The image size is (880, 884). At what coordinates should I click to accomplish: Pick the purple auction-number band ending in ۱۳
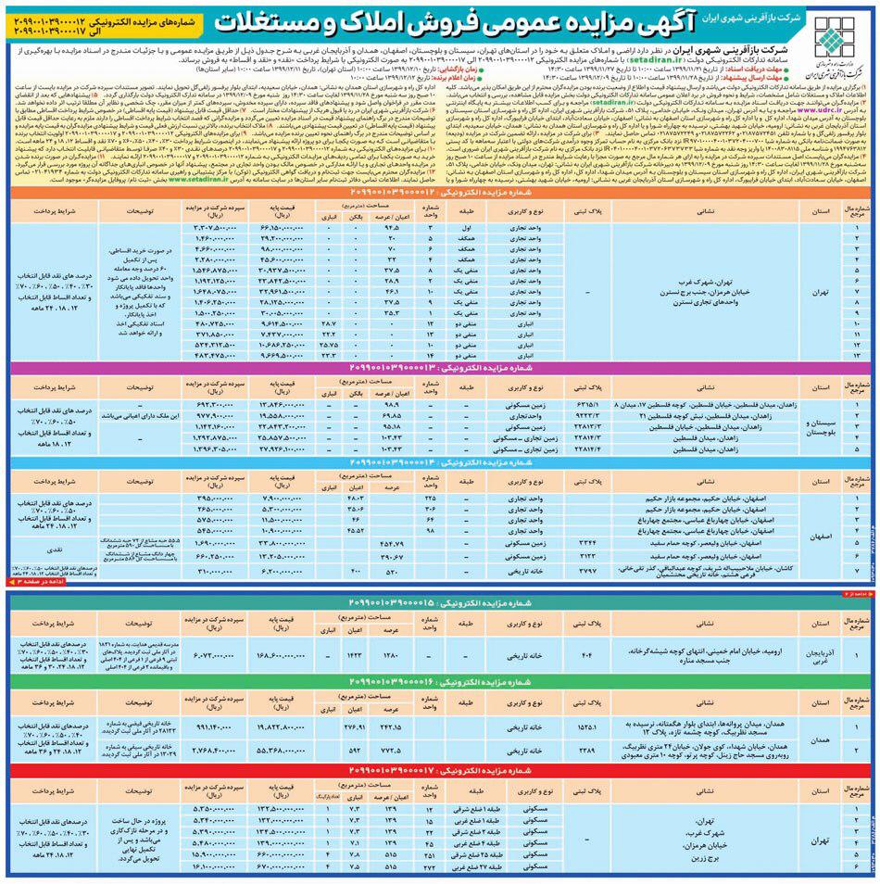440,366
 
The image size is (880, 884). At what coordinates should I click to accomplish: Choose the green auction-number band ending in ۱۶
440,684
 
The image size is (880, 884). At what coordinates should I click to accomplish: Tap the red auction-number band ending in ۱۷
440,769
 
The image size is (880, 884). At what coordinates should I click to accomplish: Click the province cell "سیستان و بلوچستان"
828,424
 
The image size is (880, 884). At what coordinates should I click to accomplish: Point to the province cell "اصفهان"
828,536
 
